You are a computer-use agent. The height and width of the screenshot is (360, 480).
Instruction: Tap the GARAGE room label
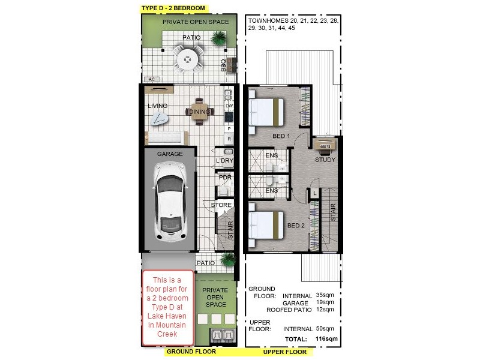[x=170, y=154]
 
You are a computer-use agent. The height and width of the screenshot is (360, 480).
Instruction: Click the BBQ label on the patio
[x=223, y=65]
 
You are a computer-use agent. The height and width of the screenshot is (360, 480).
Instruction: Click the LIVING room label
[x=158, y=106]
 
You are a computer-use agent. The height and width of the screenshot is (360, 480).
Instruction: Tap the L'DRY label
[x=224, y=161]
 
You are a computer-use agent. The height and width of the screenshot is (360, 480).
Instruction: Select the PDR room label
[x=225, y=178]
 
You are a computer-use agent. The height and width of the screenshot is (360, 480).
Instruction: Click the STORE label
[x=221, y=206]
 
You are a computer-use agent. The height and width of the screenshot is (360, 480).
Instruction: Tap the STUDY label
[x=326, y=160]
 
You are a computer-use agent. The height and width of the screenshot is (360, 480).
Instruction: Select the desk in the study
[x=325, y=146]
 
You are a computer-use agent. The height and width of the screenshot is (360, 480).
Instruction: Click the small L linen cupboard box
[x=314, y=193]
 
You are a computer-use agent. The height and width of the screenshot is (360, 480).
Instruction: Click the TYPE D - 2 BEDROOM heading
[x=173, y=8]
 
